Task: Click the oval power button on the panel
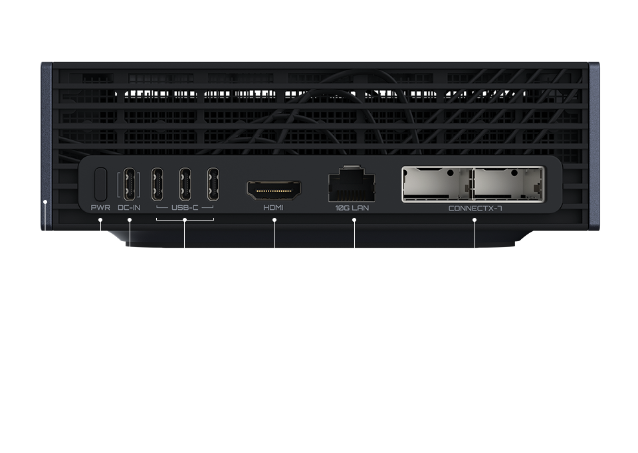pos(101,184)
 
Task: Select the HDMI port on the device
pos(273,191)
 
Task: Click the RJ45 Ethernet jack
pos(352,185)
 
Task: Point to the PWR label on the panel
pos(100,208)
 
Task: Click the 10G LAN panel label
pos(352,208)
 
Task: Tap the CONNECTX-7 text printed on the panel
pos(475,208)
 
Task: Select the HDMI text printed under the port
pos(273,208)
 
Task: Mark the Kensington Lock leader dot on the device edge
pos(45,201)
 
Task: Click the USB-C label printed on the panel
pos(185,208)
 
